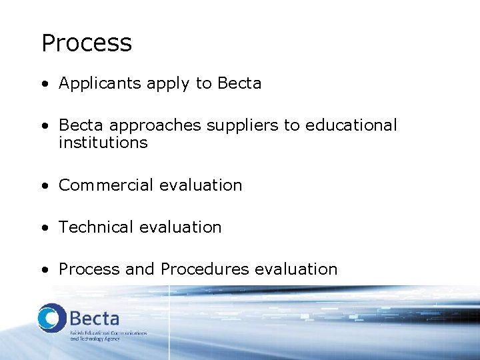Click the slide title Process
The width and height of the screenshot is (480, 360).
point(87,43)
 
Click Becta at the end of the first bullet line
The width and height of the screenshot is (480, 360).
point(239,83)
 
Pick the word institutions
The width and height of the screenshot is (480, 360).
point(103,143)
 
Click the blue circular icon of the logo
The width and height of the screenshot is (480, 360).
point(51,317)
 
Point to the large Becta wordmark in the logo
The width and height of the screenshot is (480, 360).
point(94,317)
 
